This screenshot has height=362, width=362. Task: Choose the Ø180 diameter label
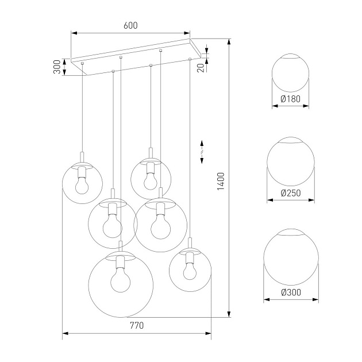tap(290, 99)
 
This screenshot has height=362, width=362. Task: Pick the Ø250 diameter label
tap(290, 194)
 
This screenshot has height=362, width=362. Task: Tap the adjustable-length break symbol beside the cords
tap(202, 151)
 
